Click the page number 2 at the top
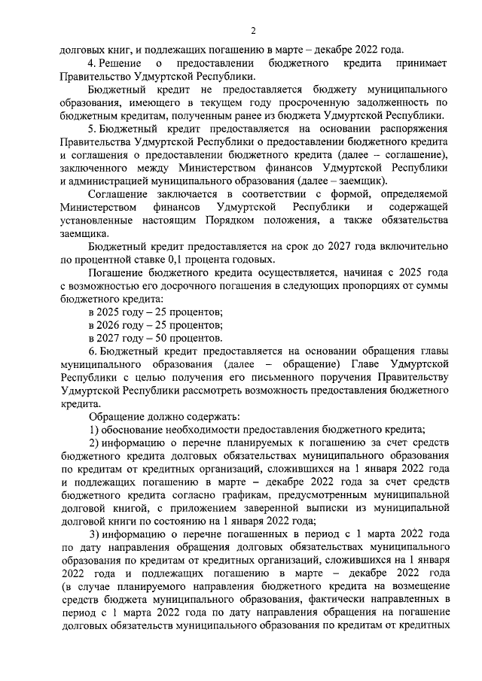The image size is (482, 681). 253,31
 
